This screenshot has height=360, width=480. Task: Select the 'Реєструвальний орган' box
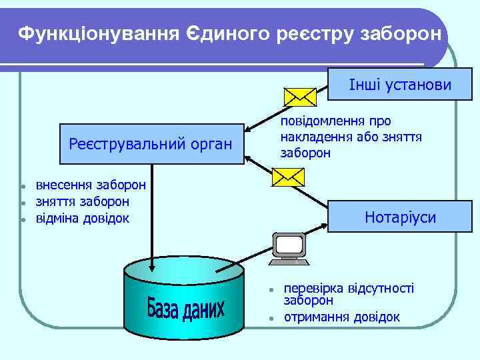tap(151, 144)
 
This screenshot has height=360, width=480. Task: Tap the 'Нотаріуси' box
tap(400, 217)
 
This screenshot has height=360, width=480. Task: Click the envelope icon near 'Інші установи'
tap(299, 97)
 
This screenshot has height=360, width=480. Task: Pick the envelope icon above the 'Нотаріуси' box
tap(288, 176)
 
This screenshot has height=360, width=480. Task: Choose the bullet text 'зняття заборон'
tap(82, 201)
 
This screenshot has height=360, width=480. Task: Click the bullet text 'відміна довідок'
tap(82, 218)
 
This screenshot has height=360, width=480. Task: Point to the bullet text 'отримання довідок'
tap(342, 317)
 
